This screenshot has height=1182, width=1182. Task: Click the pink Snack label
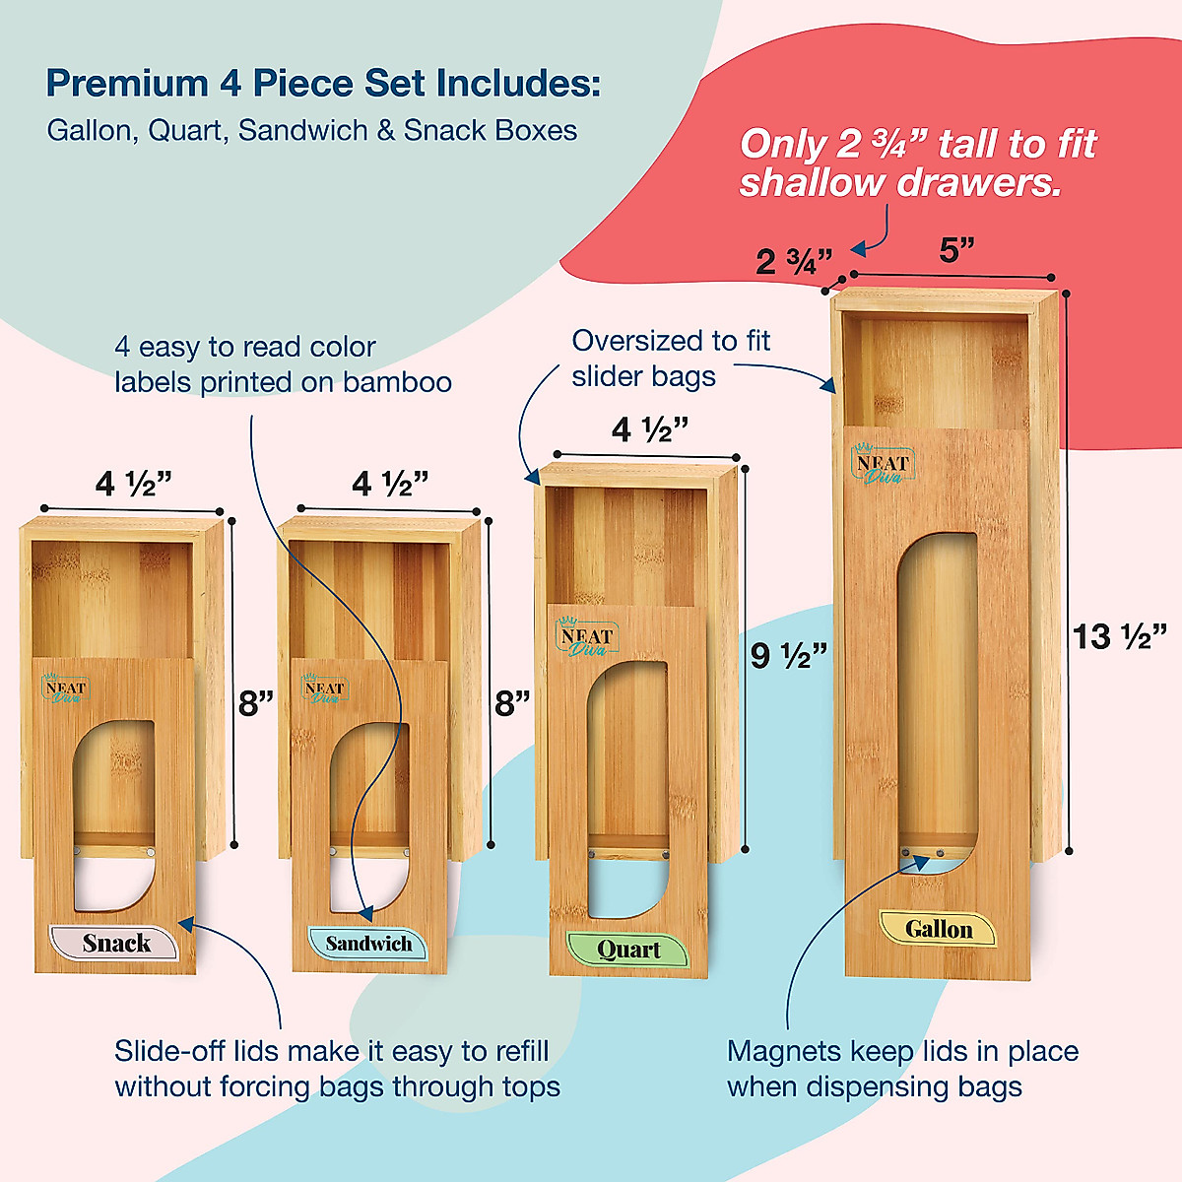click(x=114, y=943)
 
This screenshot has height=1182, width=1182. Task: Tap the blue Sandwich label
click(x=367, y=944)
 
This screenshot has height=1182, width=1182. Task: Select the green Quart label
click(x=628, y=950)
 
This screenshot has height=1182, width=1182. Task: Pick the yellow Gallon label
click(x=938, y=929)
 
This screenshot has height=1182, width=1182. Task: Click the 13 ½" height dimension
click(x=1120, y=636)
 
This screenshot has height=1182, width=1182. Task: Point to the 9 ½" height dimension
click(x=789, y=655)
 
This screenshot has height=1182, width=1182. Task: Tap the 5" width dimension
click(x=956, y=250)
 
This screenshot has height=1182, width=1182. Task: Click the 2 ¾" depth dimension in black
click(x=794, y=261)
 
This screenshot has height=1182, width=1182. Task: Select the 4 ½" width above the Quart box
click(x=649, y=429)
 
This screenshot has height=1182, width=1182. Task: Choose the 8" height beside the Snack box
click(x=256, y=703)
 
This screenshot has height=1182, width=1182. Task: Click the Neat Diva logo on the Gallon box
click(x=883, y=466)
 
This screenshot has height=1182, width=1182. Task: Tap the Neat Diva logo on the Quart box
click(x=586, y=638)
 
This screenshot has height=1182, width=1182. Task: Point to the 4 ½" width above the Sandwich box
click(x=390, y=484)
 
